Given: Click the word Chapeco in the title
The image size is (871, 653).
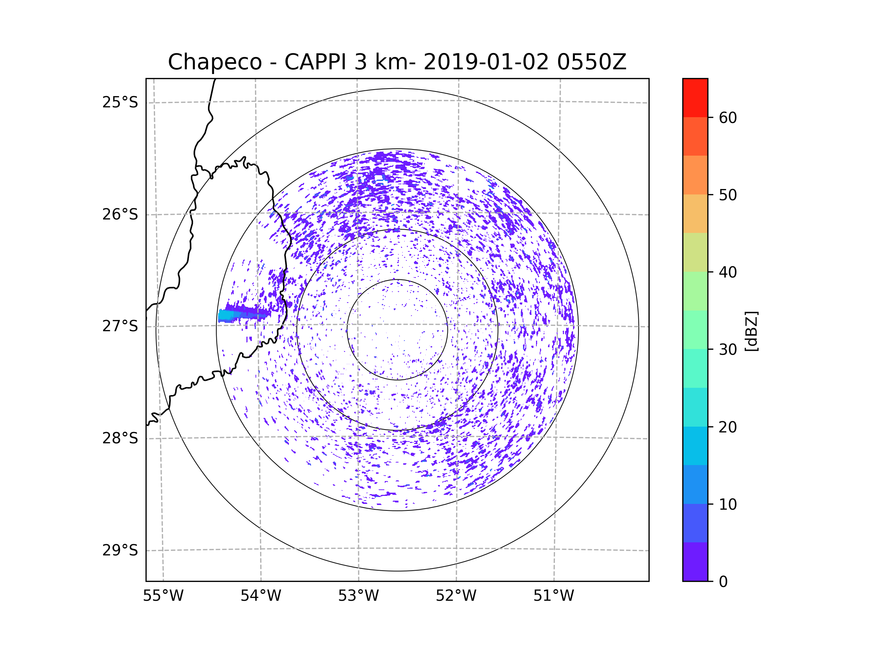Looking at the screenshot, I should (214, 62).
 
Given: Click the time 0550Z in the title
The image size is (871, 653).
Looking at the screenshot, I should (591, 62).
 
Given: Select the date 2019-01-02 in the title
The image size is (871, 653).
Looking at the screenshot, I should (486, 62).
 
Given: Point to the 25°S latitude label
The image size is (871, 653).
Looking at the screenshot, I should (120, 102).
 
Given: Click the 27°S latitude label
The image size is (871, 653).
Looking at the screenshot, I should (120, 326).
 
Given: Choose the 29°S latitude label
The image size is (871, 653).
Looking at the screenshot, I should (120, 550).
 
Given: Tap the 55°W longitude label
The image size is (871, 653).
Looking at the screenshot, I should (163, 596).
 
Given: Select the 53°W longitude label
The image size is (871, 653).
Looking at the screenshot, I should (358, 596).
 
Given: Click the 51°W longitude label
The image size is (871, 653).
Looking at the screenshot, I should (553, 596).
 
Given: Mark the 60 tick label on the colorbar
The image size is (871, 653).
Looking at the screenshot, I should (728, 118).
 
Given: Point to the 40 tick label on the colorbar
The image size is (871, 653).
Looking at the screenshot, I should (728, 272).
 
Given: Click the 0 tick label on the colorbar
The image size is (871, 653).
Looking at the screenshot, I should (723, 582).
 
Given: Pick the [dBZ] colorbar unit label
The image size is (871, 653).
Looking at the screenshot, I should (751, 332).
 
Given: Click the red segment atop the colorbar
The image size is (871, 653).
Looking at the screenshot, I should (695, 98).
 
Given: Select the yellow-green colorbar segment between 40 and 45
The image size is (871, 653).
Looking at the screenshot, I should (695, 252).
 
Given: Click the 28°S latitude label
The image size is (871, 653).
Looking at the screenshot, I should (120, 438).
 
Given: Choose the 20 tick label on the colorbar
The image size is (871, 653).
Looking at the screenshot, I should (728, 427).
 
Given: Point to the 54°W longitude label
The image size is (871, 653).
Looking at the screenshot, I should (261, 596).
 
